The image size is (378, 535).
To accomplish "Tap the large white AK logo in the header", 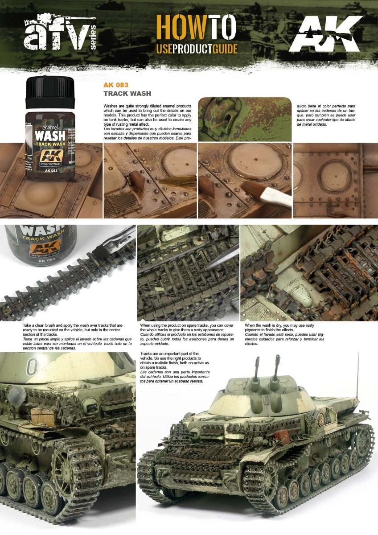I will pos(326,34).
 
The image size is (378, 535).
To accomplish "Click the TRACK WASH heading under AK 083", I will pos(127,94).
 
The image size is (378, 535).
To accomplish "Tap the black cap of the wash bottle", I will pos(50,92).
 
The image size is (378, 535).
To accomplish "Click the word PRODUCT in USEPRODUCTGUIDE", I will pos(194,49).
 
